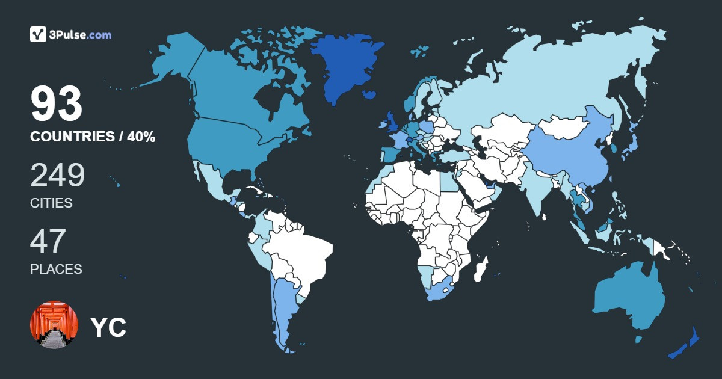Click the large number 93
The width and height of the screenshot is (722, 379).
[57, 105]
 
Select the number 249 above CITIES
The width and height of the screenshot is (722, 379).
[58, 175]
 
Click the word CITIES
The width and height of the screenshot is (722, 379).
[51, 203]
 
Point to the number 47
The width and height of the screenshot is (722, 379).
[48, 241]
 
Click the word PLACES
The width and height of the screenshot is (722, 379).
[56, 270]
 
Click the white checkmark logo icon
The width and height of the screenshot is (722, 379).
[38, 34]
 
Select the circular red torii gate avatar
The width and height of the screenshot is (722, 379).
[54, 325]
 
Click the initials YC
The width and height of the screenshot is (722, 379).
[108, 327]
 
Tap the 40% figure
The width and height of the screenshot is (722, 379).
[141, 137]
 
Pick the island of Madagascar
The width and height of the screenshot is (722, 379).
[480, 269]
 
